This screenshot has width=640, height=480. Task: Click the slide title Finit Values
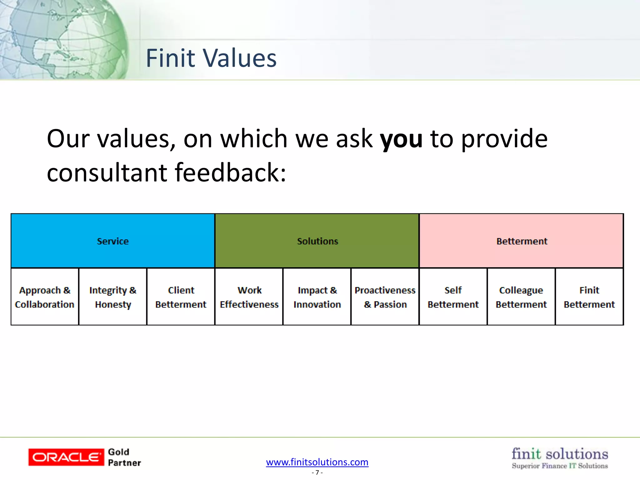pyautogui.click(x=211, y=58)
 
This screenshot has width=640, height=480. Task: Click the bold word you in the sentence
pyautogui.click(x=401, y=139)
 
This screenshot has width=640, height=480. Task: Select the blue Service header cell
pyautogui.click(x=113, y=241)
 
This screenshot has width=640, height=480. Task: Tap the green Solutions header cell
pyautogui.click(x=317, y=241)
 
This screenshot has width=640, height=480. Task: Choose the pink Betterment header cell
pyautogui.click(x=522, y=241)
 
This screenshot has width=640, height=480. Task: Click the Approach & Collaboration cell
pyautogui.click(x=45, y=297)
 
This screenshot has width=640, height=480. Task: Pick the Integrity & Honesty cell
pyautogui.click(x=113, y=297)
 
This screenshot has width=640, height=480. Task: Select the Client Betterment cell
pyautogui.click(x=181, y=297)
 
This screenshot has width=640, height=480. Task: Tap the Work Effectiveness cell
pyautogui.click(x=249, y=297)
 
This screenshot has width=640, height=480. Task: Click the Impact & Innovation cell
pyautogui.click(x=317, y=297)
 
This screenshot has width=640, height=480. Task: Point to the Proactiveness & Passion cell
pyautogui.click(x=385, y=297)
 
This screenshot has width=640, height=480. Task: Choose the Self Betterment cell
pyautogui.click(x=453, y=297)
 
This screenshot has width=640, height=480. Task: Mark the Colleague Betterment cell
pyautogui.click(x=521, y=297)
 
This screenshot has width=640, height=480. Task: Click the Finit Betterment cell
pyautogui.click(x=589, y=297)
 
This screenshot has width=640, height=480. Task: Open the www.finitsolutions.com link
pyautogui.click(x=317, y=462)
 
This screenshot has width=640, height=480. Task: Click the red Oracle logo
pyautogui.click(x=66, y=457)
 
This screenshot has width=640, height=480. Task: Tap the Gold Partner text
pyautogui.click(x=124, y=457)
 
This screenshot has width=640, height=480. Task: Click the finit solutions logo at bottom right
pyautogui.click(x=560, y=457)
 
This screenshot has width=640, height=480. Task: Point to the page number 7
pyautogui.click(x=317, y=472)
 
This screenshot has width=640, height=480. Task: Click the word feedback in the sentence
pyautogui.click(x=230, y=172)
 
